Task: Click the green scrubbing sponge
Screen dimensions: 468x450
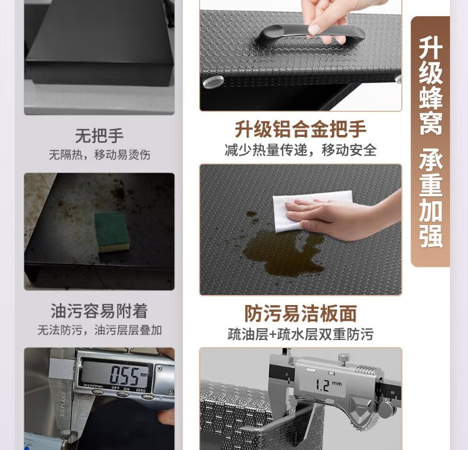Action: (112, 232)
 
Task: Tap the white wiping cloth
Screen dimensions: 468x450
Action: (310, 211)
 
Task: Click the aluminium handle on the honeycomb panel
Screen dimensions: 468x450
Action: (310, 34)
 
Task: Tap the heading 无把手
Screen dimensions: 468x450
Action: (99, 136)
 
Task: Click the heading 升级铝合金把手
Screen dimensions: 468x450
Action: (301, 129)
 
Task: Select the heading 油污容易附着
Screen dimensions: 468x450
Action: (99, 311)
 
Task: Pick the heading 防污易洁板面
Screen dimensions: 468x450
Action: (301, 313)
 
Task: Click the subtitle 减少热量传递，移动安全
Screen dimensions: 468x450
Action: (301, 150)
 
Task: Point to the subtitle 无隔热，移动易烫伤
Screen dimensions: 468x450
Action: (99, 154)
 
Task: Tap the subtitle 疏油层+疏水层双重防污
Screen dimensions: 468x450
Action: (301, 334)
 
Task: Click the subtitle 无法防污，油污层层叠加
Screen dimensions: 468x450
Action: (99, 330)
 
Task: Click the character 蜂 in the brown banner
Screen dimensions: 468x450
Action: (431, 97)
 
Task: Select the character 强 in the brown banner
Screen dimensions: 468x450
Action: (431, 236)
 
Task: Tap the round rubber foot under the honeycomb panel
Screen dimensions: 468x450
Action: (213, 82)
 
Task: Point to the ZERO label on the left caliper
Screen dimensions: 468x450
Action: (140, 390)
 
